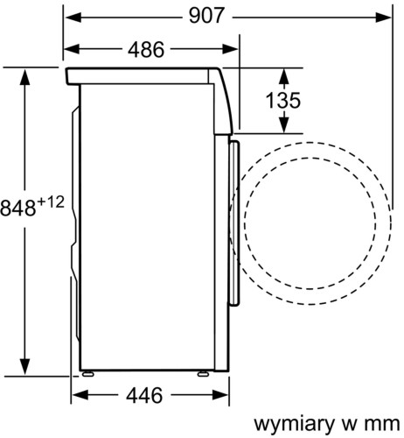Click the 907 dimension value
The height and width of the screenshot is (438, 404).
(x=206, y=16)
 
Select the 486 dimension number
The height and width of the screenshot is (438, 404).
(x=146, y=49)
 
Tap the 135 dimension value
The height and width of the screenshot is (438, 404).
(x=282, y=101)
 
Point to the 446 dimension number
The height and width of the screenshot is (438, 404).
(x=144, y=395)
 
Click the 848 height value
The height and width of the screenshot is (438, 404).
(x=18, y=208)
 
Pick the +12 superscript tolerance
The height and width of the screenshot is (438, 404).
(x=51, y=202)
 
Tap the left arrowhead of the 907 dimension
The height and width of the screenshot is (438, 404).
(x=73, y=18)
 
